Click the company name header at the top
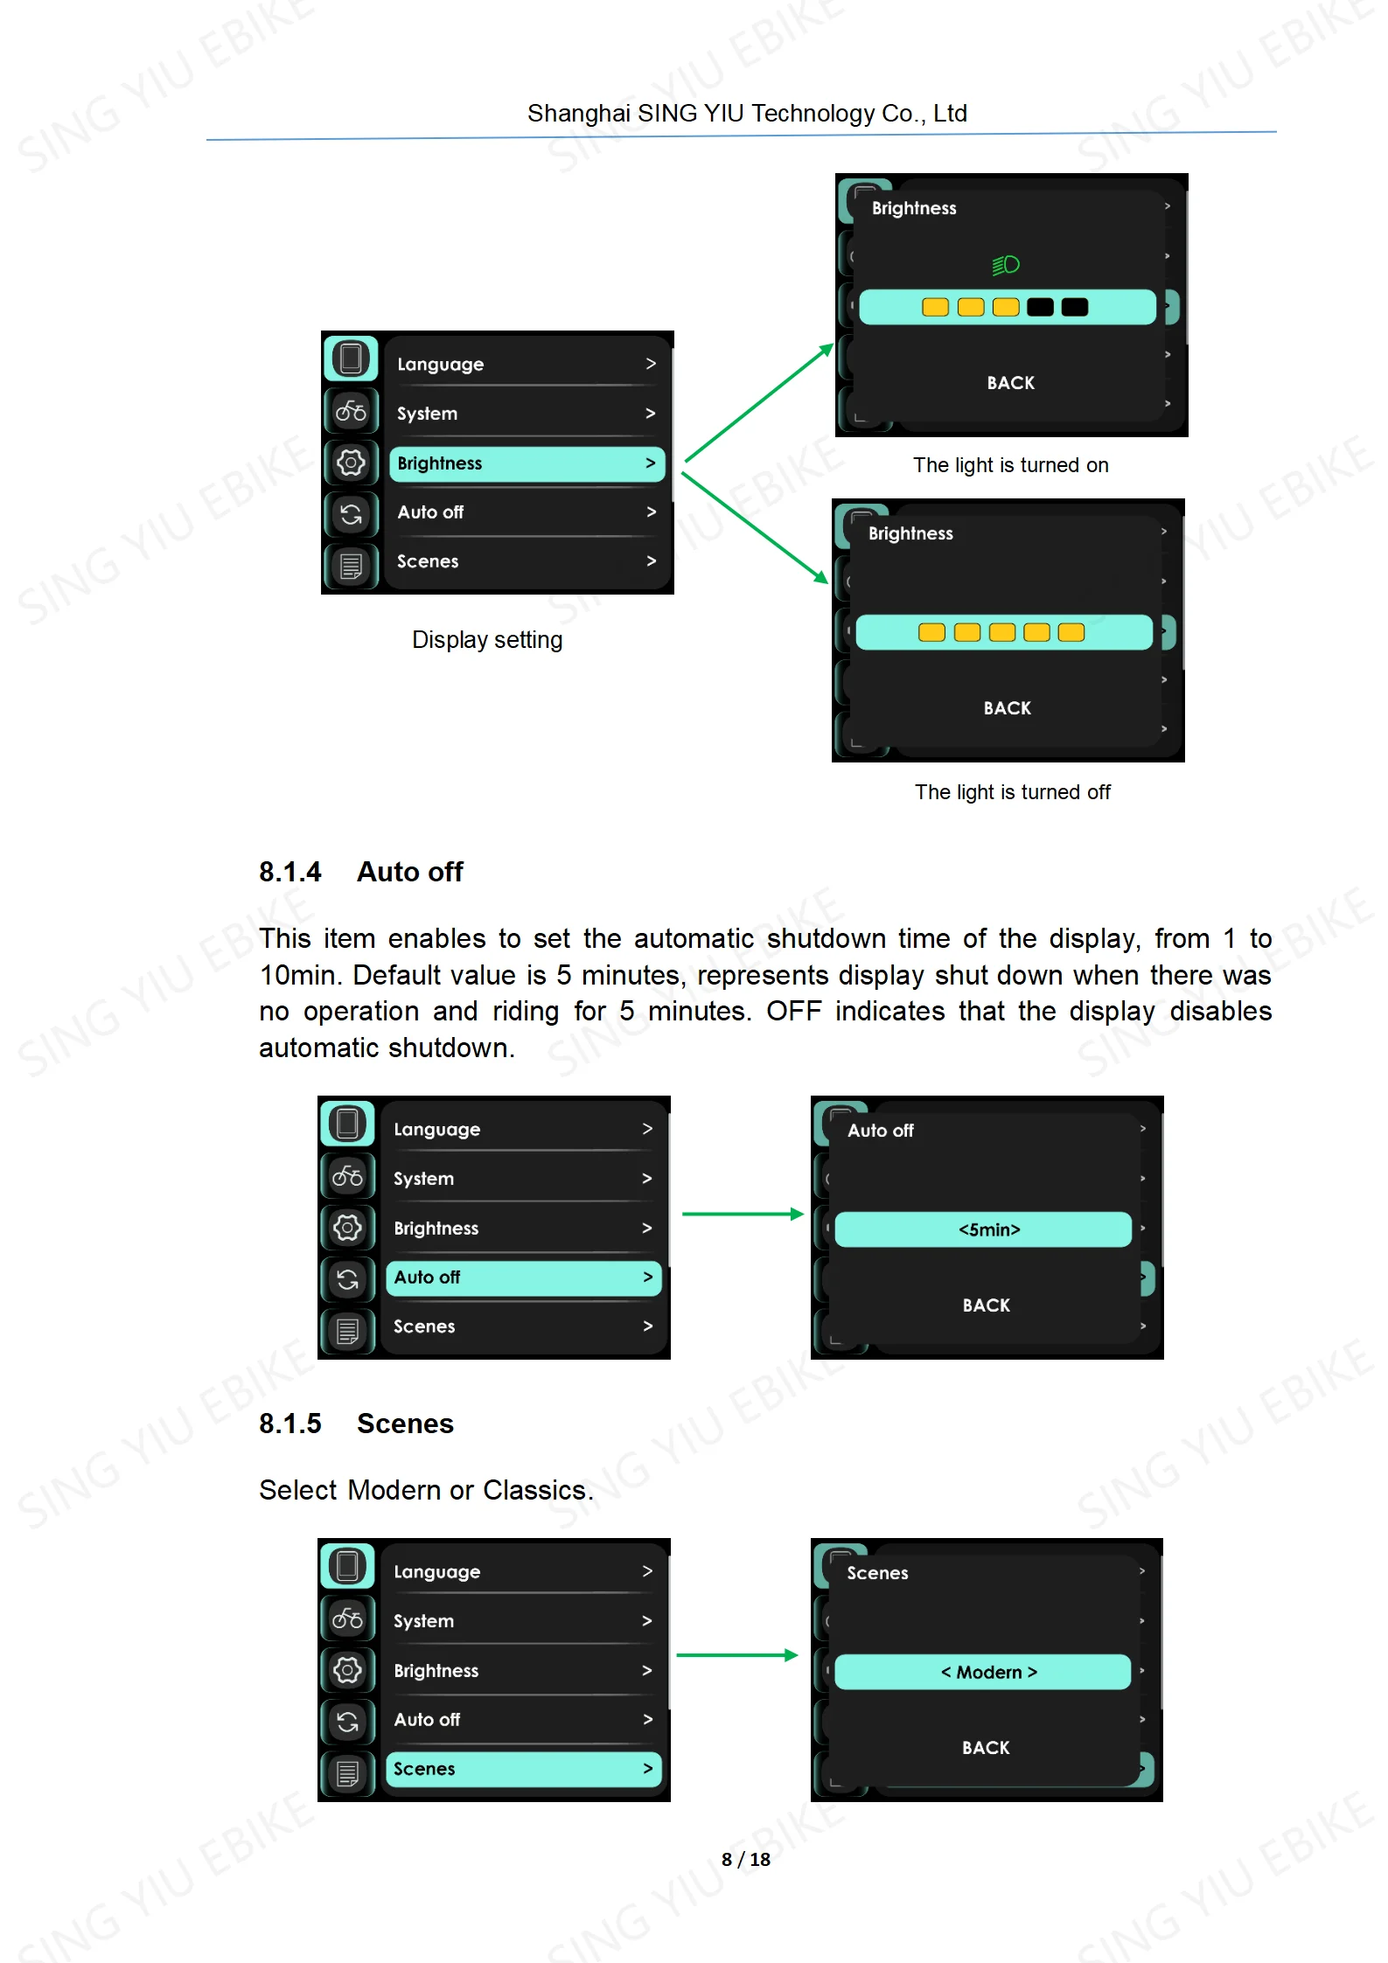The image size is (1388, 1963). tap(747, 114)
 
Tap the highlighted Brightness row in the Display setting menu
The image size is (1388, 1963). tap(527, 463)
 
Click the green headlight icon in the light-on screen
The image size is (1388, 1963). tap(1006, 264)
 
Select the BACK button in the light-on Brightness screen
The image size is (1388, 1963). tap(1010, 383)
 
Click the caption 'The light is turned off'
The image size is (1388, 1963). tap(1013, 792)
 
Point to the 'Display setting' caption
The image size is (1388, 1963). tap(487, 640)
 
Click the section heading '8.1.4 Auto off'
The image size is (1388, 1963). tap(361, 872)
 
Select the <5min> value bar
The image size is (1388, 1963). tap(983, 1229)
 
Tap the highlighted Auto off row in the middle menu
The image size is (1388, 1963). tap(523, 1277)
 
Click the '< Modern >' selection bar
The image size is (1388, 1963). tap(983, 1672)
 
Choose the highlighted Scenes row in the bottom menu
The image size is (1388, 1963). tap(523, 1769)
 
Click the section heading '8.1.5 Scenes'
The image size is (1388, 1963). tap(357, 1424)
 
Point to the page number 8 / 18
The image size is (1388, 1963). tap(746, 1859)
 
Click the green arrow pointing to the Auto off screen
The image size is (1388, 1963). tap(743, 1214)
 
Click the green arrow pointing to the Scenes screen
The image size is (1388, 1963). tap(737, 1655)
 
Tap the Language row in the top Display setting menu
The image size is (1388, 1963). tap(527, 364)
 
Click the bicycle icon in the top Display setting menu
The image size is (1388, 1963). tap(351, 410)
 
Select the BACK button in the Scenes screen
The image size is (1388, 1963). tap(986, 1748)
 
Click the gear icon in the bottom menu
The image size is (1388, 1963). tap(347, 1670)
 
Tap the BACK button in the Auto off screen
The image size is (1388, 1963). tap(986, 1305)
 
